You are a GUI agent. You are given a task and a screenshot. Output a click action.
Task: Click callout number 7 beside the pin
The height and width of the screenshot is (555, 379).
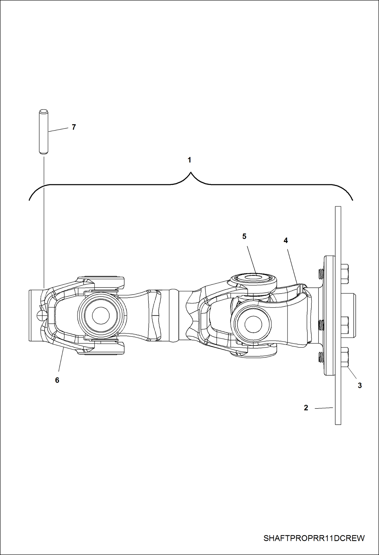74,127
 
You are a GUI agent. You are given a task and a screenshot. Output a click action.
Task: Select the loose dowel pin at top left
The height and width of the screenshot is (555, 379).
44,131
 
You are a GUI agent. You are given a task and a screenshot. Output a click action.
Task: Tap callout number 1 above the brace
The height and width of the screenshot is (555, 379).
189,160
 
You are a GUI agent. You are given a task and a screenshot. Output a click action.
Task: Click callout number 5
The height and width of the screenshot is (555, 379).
244,236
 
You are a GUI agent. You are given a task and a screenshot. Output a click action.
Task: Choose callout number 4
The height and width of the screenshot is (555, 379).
286,240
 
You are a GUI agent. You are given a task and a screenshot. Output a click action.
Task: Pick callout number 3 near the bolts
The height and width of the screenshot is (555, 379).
360,385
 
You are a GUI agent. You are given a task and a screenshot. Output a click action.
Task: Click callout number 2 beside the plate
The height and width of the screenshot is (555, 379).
306,408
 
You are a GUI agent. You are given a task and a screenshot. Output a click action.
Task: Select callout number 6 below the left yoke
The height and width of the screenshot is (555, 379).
57,380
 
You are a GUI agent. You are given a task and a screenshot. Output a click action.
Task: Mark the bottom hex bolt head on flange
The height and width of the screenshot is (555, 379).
345,357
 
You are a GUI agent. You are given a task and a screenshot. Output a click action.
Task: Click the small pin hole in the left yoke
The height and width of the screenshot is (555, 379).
40,315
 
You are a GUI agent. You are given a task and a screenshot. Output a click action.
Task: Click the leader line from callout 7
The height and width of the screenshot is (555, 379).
58,130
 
